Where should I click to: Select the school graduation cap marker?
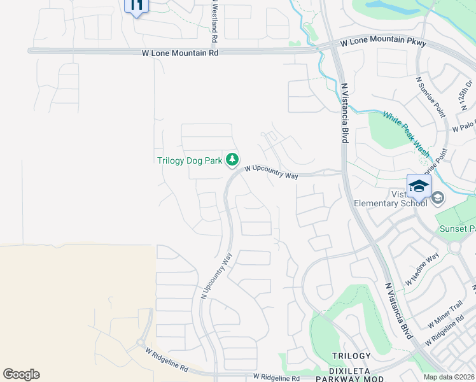pos(419,186)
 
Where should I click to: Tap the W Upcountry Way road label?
pos(272,172)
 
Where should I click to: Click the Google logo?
pos(21,374)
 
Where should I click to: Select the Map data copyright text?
pos(449,377)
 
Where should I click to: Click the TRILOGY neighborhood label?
pos(351,356)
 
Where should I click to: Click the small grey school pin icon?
pos(437,198)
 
